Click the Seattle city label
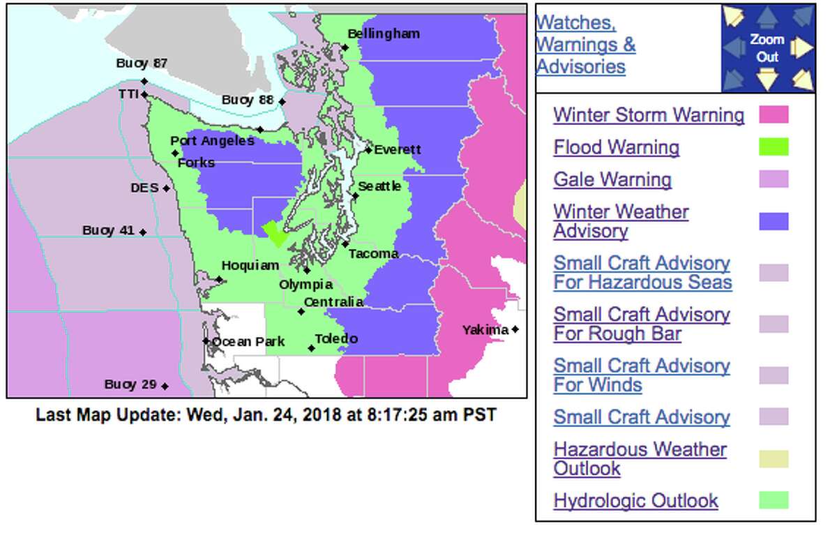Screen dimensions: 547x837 click(379, 186)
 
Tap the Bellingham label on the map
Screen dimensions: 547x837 click(384, 33)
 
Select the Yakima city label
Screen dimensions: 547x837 click(485, 329)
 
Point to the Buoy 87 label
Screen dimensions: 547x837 click(142, 63)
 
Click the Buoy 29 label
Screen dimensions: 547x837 click(130, 384)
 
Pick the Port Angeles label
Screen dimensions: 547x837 click(212, 141)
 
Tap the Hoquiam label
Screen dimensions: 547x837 click(250, 265)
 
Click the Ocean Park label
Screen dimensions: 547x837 click(248, 341)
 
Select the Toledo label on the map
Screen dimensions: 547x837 click(336, 339)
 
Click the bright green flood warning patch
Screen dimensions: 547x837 click(275, 233)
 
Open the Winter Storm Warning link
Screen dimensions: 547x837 click(649, 114)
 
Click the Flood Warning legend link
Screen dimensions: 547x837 click(616, 147)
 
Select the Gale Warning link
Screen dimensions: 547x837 click(612, 179)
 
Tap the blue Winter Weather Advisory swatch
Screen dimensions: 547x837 click(774, 222)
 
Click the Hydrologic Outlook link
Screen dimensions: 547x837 click(635, 500)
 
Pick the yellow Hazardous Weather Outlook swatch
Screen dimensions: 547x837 click(774, 458)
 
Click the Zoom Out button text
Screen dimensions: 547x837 click(767, 48)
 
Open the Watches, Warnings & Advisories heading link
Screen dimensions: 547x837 click(585, 45)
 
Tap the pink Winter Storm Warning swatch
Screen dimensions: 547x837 click(774, 114)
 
